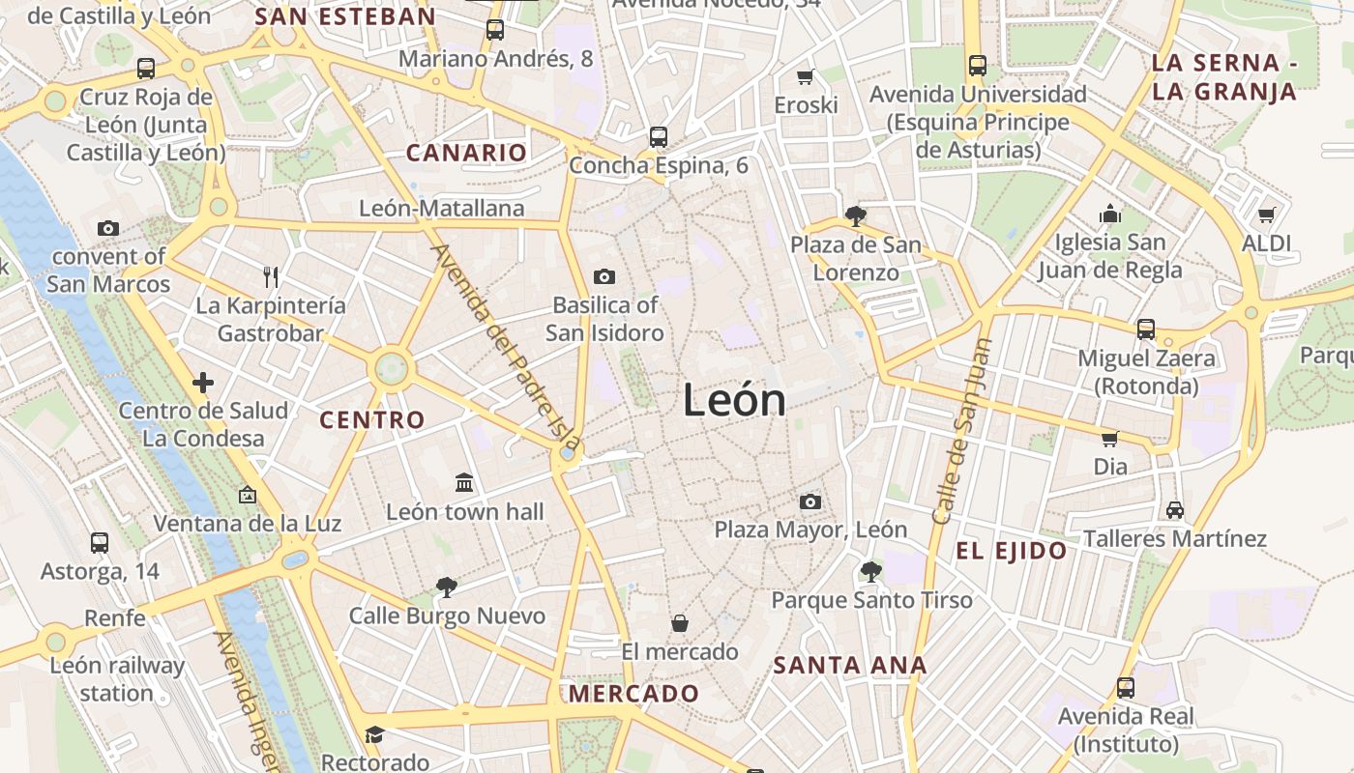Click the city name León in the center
734,400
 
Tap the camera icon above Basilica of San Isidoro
604,277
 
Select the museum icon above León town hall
464,482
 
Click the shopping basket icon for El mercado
680,623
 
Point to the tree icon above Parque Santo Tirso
870,571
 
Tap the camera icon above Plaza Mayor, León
810,501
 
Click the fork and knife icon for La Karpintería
271,277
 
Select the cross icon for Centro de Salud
203,383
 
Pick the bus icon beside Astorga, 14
99,543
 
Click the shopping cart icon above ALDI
1266,215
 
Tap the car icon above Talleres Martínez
1175,509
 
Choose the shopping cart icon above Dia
1110,439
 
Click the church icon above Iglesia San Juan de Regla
1110,214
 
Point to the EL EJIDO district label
1012,552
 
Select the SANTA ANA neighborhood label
850,665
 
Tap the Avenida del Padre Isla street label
505,351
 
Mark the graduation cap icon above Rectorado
374,734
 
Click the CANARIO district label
466,153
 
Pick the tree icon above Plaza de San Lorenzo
855,215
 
